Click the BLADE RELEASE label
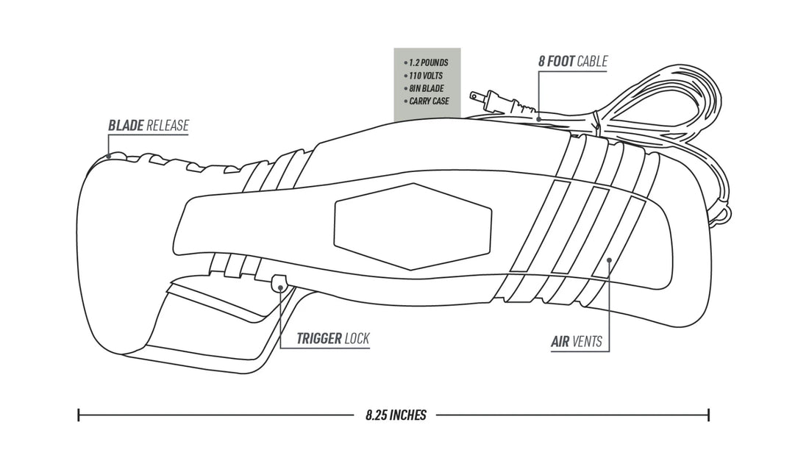148,126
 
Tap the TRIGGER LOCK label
332,339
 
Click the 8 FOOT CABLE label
573,62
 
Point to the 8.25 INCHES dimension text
396,415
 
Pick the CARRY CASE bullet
428,100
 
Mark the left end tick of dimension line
79,415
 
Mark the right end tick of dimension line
708,415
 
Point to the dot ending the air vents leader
608,258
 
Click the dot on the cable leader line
539,118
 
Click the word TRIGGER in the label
319,339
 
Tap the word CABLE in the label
593,62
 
